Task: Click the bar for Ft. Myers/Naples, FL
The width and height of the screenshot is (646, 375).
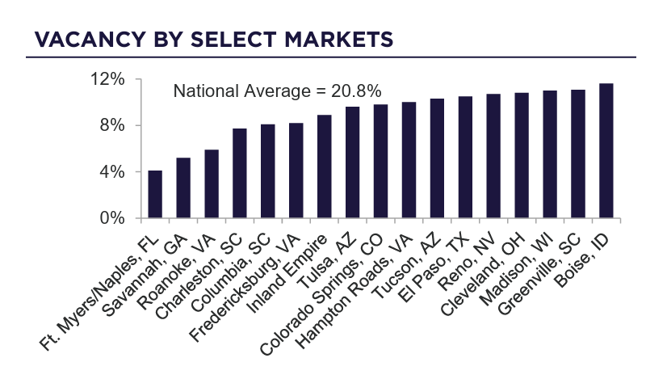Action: point(155,194)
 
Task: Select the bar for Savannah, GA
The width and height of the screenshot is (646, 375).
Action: point(183,187)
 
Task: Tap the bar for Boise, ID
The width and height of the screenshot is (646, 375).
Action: point(606,151)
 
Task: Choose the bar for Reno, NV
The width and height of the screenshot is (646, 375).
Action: point(493,156)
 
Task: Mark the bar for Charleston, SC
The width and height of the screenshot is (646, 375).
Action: point(240,173)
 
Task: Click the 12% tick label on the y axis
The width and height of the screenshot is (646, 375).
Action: point(108,80)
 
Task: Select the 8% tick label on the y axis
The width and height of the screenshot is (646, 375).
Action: point(112,126)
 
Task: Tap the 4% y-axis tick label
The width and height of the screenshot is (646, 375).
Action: point(112,172)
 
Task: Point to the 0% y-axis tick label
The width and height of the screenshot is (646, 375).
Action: point(112,218)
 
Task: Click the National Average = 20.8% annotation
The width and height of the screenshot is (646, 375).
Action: point(278,91)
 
